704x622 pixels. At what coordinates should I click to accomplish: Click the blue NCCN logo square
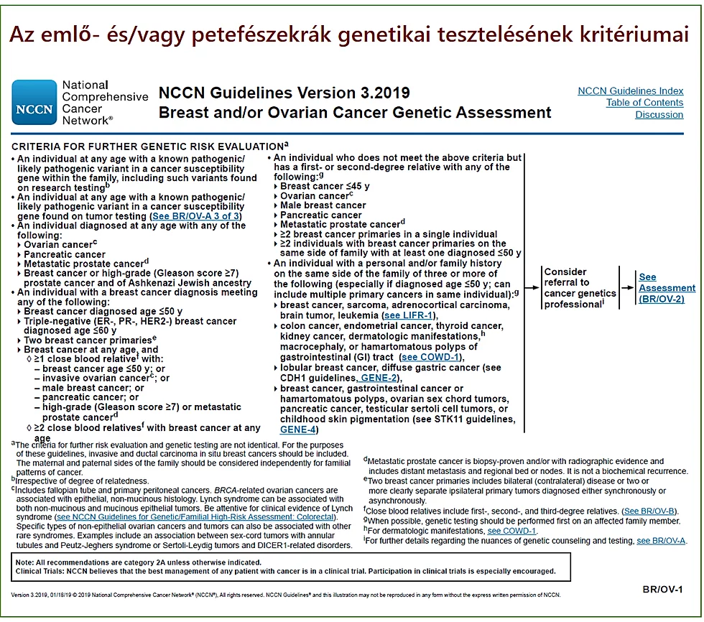click(x=34, y=103)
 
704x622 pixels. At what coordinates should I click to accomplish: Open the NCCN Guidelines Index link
click(x=630, y=90)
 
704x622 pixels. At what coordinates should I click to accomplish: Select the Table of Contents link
click(x=644, y=103)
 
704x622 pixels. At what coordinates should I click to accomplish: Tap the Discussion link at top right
click(x=659, y=115)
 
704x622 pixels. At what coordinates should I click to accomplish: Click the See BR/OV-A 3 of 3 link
click(x=195, y=216)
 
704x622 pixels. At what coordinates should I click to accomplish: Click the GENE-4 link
click(x=298, y=429)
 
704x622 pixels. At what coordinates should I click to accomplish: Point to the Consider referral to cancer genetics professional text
click(x=580, y=288)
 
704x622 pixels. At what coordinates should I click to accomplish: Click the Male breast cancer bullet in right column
click(x=323, y=205)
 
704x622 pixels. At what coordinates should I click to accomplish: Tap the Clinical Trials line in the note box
click(x=285, y=571)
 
